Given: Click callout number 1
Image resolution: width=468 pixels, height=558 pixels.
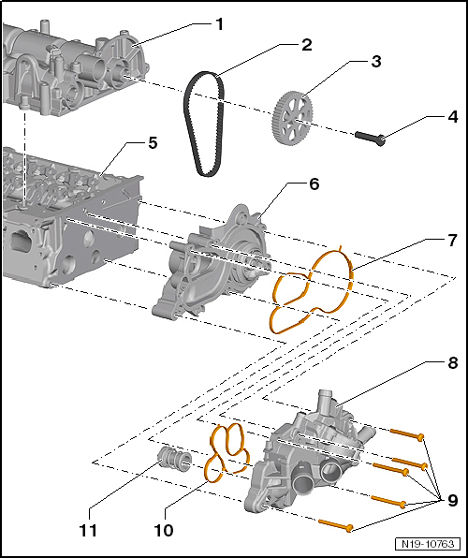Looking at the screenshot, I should pos(219,22).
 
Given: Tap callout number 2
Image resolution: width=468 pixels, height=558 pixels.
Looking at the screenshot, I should pos(306,43).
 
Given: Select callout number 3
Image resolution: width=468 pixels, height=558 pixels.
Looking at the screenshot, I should pos(375,63).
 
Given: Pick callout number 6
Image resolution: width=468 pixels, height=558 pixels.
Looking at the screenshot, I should pos(314,184).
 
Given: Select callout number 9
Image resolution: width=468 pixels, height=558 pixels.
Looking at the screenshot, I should pos(452,500).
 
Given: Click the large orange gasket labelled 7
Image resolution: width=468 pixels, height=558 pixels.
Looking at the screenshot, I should pos(314,290).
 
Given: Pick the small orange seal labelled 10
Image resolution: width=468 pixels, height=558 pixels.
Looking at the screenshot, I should pos(228,452).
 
